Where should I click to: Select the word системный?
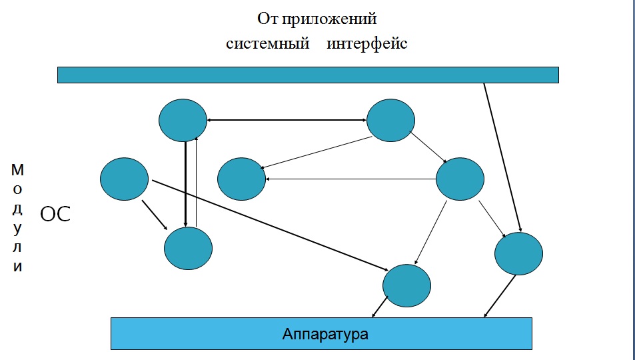(x=268, y=45)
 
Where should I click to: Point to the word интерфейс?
(x=367, y=45)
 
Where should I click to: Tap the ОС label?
(x=56, y=215)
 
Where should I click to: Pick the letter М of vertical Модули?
(x=18, y=169)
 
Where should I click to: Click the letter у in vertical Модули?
(x=18, y=228)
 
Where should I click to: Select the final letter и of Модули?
(x=18, y=267)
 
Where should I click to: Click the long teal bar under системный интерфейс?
(x=308, y=75)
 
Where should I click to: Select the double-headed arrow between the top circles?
(x=287, y=120)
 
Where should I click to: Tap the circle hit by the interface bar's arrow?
(x=519, y=253)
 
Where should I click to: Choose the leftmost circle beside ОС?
(x=124, y=179)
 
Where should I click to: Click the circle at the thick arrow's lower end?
(x=188, y=248)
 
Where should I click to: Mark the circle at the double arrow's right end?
(x=390, y=120)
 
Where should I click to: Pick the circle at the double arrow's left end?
(x=183, y=120)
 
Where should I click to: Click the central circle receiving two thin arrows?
(x=242, y=179)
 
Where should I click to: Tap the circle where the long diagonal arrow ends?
(x=407, y=285)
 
